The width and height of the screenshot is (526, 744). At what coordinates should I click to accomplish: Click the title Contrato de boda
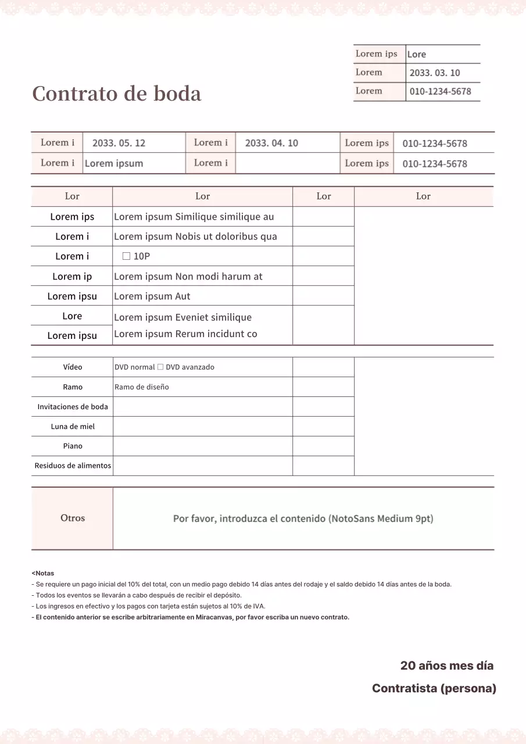pos(117,94)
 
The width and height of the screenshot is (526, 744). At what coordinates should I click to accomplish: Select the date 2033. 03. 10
pos(434,73)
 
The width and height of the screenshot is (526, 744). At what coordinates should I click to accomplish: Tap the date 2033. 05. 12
pos(119,143)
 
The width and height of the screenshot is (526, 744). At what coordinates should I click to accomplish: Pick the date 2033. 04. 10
pos(271,143)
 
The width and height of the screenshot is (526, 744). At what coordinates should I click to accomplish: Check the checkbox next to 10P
pos(126,256)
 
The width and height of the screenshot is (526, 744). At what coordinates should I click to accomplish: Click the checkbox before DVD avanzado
pos(160,367)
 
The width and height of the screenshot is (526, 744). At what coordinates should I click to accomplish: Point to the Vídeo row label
pos(73,367)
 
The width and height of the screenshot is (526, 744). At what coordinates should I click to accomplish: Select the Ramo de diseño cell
pos(142,387)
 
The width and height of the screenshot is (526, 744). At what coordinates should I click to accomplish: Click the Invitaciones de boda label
pos(73,407)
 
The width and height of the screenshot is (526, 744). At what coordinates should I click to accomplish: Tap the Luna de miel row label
pos(73,427)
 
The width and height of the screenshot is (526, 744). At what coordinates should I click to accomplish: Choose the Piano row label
pos(73,446)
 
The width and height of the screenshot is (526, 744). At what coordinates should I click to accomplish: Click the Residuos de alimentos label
pos(73,466)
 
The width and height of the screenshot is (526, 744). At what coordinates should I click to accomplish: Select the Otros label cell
pos(73,518)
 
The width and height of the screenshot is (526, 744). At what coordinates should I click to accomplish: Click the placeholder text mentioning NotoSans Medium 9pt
pos(303,518)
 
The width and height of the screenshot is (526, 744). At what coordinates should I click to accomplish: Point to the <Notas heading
pos(43,573)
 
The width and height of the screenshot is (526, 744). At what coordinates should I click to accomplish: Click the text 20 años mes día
pos(446,666)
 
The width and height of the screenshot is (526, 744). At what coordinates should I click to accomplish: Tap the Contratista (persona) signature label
pos(434,689)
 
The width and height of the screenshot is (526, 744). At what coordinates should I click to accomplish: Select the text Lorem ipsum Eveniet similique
pos(183,317)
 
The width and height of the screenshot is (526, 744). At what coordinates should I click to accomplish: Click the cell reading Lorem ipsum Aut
pos(152,296)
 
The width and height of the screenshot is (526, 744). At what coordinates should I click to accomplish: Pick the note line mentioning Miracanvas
pos(190,617)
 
